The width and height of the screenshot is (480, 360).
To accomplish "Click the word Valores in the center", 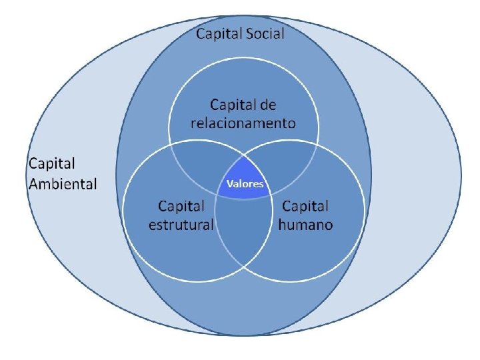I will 245,184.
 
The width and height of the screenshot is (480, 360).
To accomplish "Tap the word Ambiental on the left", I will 63,183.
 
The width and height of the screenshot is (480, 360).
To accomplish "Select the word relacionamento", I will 243,123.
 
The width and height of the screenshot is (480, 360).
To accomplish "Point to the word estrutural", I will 181,224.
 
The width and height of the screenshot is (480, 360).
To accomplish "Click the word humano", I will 305,224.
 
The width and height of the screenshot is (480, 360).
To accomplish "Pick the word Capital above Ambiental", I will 51,163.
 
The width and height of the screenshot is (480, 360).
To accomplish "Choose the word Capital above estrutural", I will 182,205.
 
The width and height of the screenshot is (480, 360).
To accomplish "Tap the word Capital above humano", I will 305,205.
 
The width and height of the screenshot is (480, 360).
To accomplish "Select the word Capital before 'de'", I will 233,105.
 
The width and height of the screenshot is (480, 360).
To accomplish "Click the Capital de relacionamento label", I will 243,114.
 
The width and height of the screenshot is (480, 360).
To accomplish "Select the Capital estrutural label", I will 181,215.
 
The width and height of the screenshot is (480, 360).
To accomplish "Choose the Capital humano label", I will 305,215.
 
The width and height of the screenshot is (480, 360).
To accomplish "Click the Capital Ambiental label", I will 63,173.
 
